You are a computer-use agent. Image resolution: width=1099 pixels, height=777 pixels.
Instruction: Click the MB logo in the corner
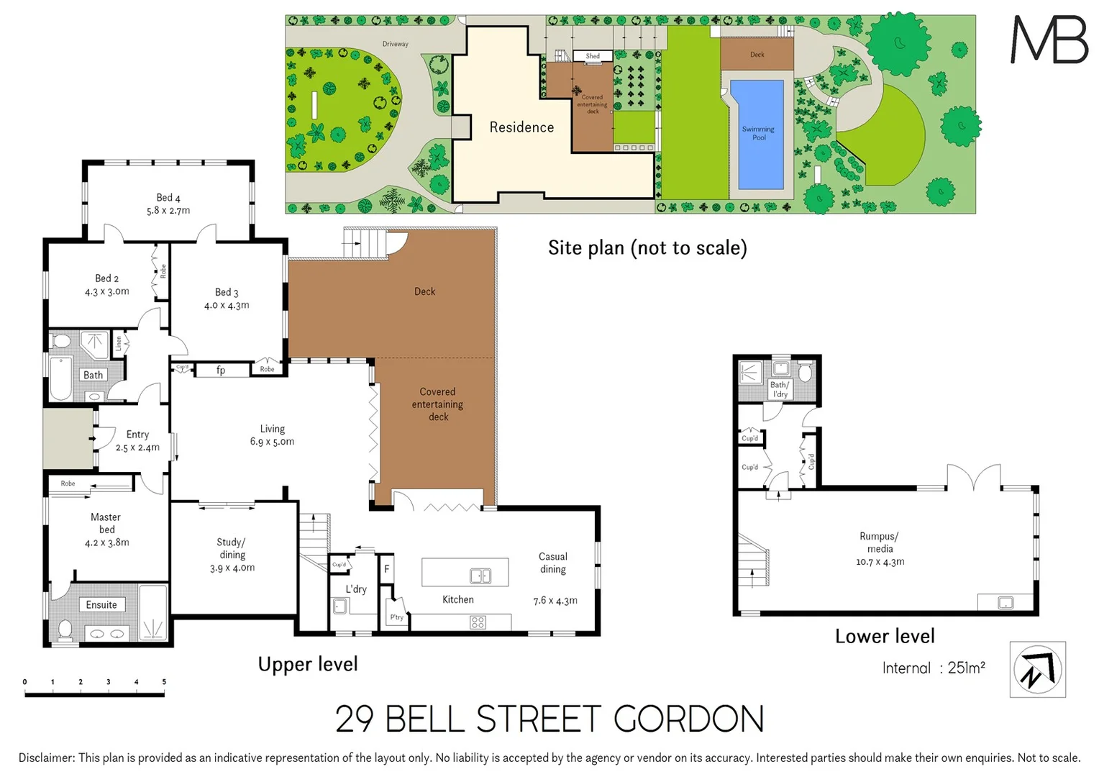click(x=1049, y=40)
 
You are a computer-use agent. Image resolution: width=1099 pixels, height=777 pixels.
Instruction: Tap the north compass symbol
click(x=1037, y=670)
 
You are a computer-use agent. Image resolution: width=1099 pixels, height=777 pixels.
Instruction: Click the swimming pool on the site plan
click(x=757, y=135)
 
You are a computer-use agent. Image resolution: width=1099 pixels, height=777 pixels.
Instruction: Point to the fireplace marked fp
click(x=221, y=371)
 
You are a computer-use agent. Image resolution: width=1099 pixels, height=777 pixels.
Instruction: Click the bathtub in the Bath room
click(x=61, y=378)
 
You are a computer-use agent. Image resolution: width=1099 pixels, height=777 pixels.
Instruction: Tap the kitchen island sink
click(x=480, y=576)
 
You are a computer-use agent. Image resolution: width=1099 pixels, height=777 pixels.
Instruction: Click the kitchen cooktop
click(x=478, y=622)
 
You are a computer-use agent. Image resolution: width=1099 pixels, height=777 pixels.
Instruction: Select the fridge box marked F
click(x=386, y=569)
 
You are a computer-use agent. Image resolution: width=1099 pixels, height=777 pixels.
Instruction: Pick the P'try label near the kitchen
click(x=396, y=617)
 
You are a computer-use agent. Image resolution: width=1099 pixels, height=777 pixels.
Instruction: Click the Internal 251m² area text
click(x=933, y=668)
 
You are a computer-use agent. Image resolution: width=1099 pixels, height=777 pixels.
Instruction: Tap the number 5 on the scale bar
click(x=164, y=682)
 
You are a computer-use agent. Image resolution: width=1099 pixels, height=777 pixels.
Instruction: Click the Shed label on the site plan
click(x=593, y=56)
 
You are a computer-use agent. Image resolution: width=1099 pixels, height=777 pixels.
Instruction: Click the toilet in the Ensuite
click(x=65, y=630)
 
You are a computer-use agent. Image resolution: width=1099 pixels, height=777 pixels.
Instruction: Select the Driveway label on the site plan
click(x=395, y=44)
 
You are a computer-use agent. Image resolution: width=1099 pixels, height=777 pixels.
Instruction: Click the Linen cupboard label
click(x=119, y=344)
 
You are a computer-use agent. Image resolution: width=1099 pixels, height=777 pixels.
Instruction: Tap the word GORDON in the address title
click(x=688, y=719)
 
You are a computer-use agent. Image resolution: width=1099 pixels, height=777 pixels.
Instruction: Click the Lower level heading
click(x=885, y=637)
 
